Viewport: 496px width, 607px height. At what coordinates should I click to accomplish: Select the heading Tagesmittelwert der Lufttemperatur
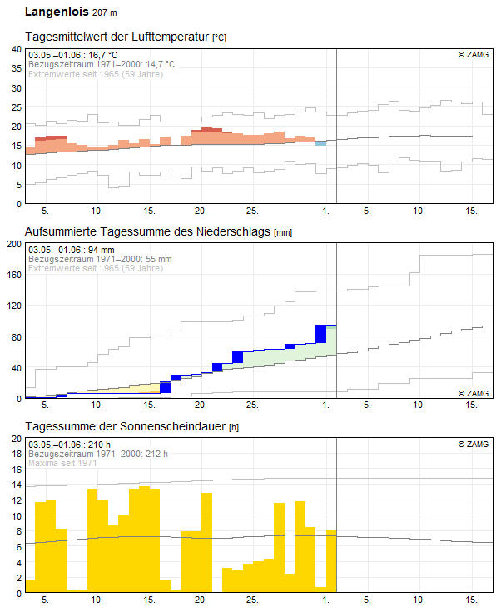click(x=117, y=37)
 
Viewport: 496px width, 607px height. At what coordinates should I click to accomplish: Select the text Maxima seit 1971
click(x=62, y=463)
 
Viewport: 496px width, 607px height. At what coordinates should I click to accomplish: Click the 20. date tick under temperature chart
click(x=201, y=210)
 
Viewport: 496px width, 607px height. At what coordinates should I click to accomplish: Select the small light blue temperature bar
click(x=320, y=143)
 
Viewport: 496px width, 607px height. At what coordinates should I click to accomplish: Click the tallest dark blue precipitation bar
click(x=320, y=334)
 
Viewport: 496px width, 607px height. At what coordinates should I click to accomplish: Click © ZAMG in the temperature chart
click(x=473, y=55)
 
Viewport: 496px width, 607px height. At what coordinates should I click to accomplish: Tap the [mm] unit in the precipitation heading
click(x=283, y=232)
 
